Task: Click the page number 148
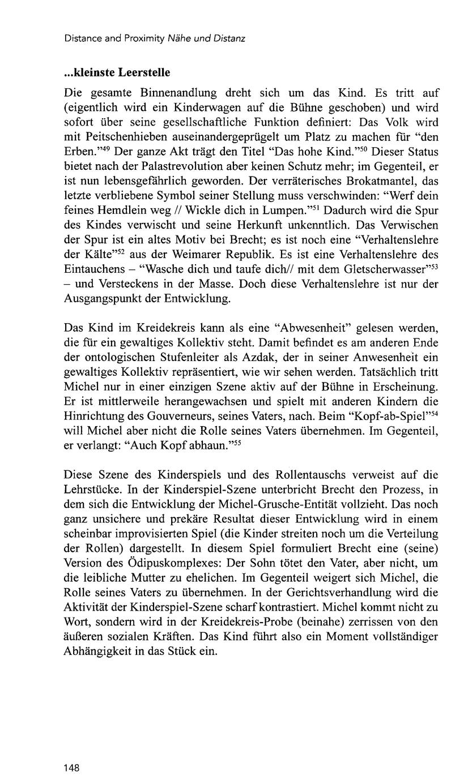click(71, 767)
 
